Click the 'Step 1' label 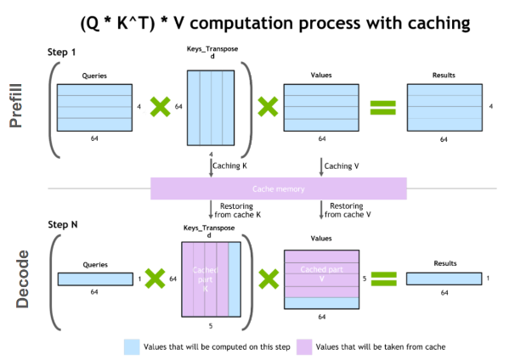click(x=63, y=53)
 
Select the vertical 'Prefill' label click(x=16, y=107)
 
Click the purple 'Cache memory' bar click(x=278, y=188)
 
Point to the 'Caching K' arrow click(x=211, y=166)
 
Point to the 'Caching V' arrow click(x=321, y=166)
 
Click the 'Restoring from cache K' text click(x=239, y=210)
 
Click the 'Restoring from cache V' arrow click(x=321, y=210)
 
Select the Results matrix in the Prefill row click(x=443, y=106)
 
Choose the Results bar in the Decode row click(x=443, y=278)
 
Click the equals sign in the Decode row click(x=384, y=278)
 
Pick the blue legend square click(x=132, y=346)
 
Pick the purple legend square click(x=303, y=346)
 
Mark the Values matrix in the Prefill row click(x=320, y=106)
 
